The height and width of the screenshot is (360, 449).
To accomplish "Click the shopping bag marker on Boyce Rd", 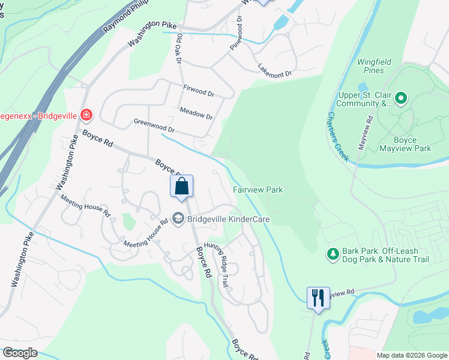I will click(182, 187).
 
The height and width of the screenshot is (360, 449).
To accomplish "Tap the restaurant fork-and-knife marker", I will click(318, 298).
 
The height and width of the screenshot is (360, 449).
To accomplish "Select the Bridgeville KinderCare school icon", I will click(178, 219).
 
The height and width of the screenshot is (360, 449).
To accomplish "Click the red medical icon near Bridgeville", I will click(87, 114).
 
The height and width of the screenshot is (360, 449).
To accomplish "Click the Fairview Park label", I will click(258, 190).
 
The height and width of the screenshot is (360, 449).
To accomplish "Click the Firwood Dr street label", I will click(198, 91).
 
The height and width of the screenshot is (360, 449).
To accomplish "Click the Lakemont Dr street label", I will click(274, 70).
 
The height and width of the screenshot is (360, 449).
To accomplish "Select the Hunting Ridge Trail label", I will click(217, 259).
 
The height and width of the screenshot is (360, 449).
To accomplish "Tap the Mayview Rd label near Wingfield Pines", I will click(366, 133).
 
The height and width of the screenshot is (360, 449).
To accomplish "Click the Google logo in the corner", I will click(20, 353).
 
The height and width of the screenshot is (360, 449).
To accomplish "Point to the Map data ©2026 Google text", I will click(412, 355).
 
